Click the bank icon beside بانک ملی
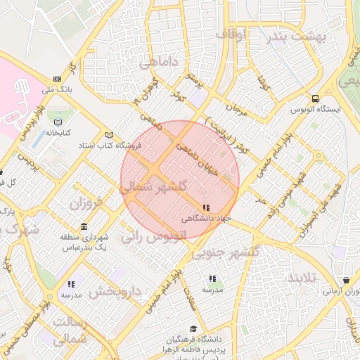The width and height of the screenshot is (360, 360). pyautogui.click(x=56, y=79)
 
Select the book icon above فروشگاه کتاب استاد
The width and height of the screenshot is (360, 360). pyautogui.click(x=108, y=135)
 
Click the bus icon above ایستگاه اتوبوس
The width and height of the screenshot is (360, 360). pyautogui.click(x=314, y=98)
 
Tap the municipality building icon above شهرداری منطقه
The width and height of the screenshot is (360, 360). pyautogui.click(x=84, y=226)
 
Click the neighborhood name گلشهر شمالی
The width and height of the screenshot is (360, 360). pyautogui.click(x=153, y=187)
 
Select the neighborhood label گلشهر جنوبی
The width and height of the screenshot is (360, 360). pyautogui.click(x=226, y=252)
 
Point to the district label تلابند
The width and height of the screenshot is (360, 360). pyautogui.click(x=308, y=278)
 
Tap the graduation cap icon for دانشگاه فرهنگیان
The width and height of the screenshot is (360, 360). pyautogui.click(x=193, y=328)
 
